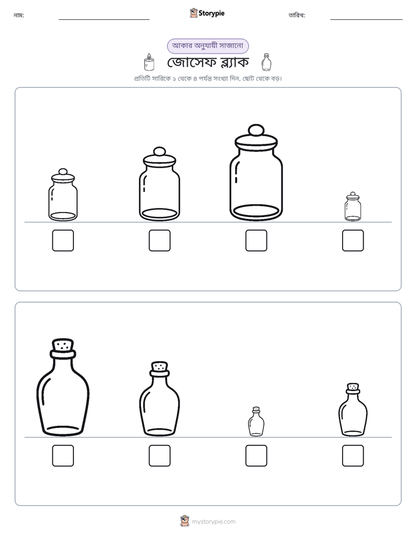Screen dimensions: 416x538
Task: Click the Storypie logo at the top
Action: coord(207,13)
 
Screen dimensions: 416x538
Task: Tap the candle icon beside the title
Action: coord(149,62)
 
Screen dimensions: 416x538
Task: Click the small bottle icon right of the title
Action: coord(266,62)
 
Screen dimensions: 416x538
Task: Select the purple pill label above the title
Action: coord(207,46)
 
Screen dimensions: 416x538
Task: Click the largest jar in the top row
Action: coord(256,172)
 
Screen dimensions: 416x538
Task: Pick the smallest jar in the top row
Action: coord(353,207)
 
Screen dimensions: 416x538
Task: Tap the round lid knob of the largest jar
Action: coord(256,130)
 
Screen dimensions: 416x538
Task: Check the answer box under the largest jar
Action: coord(256,240)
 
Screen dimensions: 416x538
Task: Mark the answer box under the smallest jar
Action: coord(353,240)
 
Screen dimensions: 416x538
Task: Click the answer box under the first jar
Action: coord(63,240)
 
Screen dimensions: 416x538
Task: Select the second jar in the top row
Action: coord(160,184)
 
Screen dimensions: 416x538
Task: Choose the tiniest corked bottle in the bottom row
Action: coord(256,422)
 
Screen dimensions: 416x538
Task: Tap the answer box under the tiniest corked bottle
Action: coord(256,456)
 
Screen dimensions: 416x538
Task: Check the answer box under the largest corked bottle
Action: coord(63,456)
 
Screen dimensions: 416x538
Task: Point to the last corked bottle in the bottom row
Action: coord(353,410)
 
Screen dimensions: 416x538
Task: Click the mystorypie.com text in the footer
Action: coord(213,522)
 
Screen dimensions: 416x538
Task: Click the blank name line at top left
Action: coord(104,20)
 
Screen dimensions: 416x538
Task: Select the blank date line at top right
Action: coord(366,20)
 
